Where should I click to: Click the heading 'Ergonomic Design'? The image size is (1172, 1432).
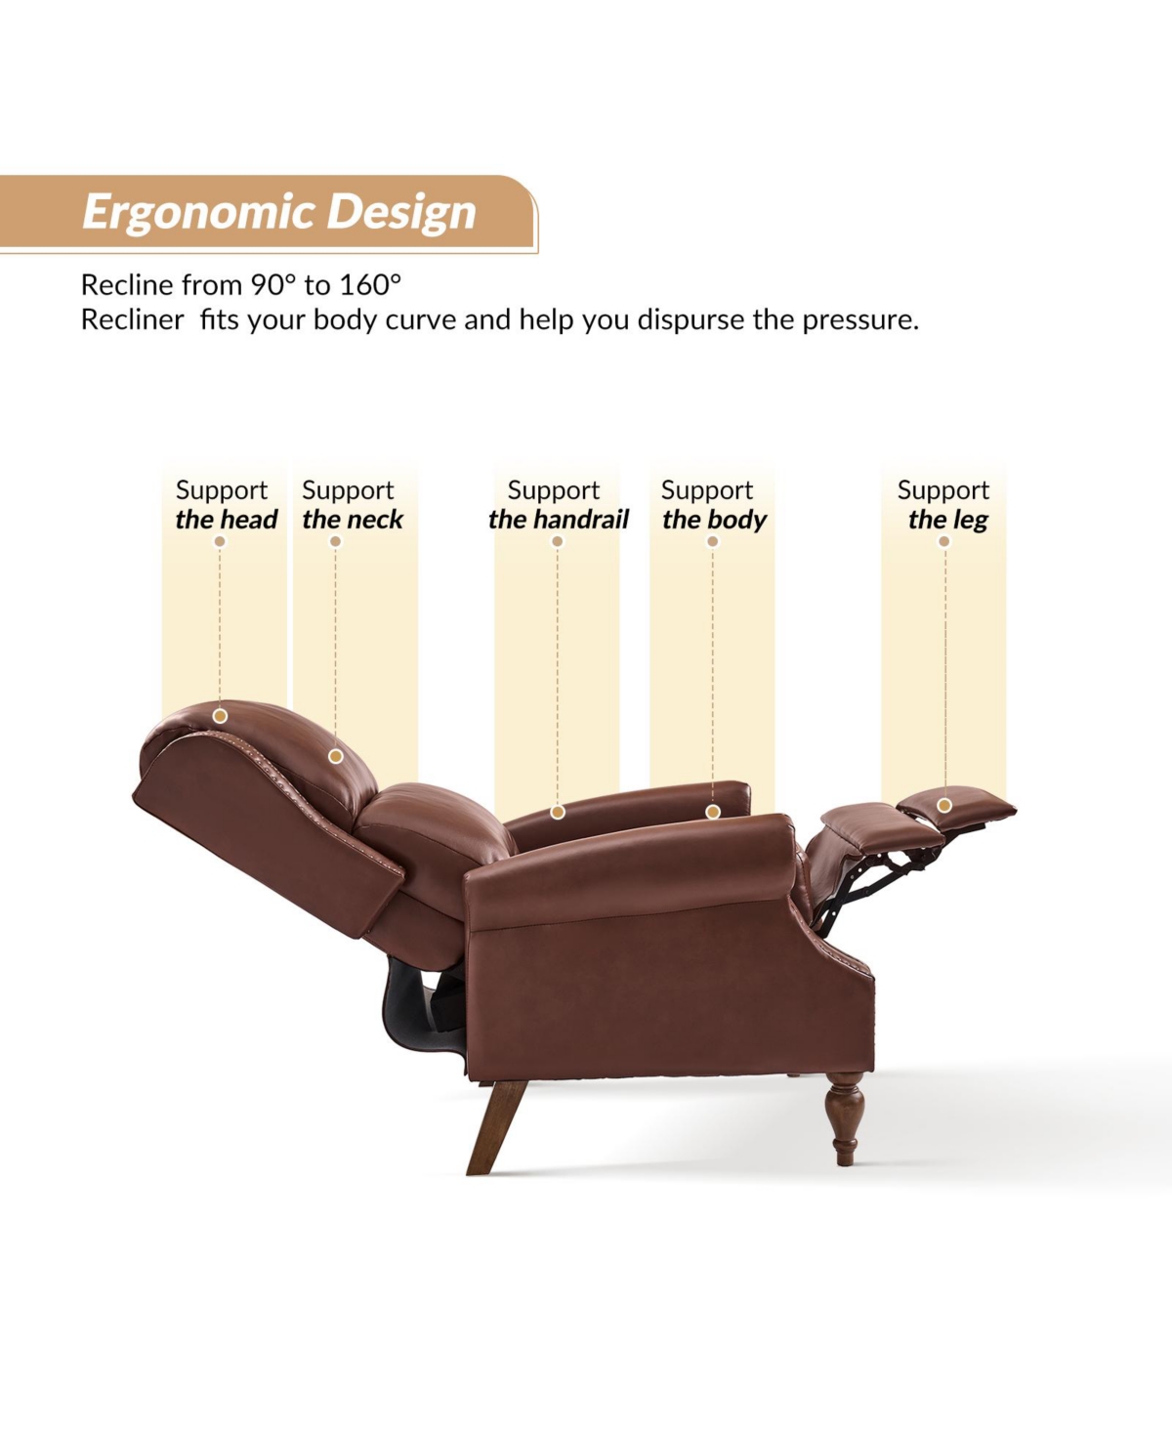coord(279,212)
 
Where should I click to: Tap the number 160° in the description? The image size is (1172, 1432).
coord(371,285)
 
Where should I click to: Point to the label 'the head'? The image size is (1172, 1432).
coord(227,520)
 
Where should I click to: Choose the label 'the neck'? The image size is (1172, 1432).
coord(352,520)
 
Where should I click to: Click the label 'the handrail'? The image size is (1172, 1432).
coord(558,520)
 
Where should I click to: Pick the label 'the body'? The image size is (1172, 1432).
coord(714,520)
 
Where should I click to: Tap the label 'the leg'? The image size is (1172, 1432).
coord(948,520)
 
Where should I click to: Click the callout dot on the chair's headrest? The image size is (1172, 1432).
coord(220,716)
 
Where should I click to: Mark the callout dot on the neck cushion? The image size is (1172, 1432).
coord(335,756)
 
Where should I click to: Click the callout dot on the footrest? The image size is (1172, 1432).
coord(943,805)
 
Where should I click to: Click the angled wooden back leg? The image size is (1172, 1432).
coord(495,1127)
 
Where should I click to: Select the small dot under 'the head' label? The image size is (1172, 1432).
coord(220,541)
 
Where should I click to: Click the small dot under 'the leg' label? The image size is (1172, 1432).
coord(943,541)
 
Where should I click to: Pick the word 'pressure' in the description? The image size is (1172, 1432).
coord(860,321)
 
